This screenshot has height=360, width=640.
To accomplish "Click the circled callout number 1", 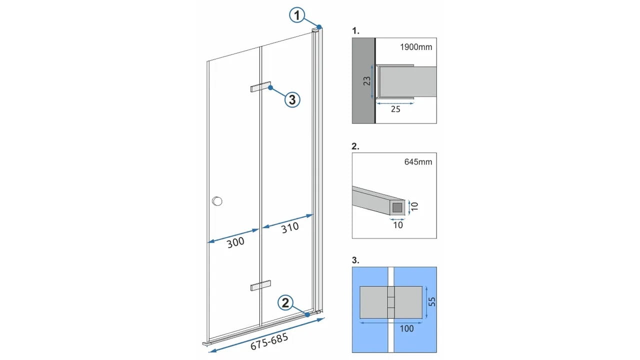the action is tap(297, 15).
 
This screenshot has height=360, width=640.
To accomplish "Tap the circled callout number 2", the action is tap(285, 303).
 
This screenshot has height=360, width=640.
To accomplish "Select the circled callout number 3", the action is tap(292, 99).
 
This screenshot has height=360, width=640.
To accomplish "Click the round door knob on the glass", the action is tap(217, 201).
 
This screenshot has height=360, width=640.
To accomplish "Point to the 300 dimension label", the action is tap(235, 242).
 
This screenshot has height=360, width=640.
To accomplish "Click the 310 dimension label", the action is tap(290, 227).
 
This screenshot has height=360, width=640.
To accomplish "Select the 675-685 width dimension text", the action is tap(269, 341).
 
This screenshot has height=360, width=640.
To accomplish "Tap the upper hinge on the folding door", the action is tap(260, 87).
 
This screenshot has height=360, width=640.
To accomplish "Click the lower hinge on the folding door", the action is tap(260, 285).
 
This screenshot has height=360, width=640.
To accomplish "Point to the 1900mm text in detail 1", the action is tap(416, 47).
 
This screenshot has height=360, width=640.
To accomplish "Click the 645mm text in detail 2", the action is tap(418, 162).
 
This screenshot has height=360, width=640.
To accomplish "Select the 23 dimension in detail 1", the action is tap(367, 81).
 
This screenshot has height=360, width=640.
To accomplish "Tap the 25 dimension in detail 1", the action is tap(395, 109).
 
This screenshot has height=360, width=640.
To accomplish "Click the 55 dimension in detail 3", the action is tap(432, 301).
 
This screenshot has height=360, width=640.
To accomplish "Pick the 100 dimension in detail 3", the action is tap(406, 328).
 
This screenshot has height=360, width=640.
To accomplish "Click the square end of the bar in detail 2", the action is tap(397, 207).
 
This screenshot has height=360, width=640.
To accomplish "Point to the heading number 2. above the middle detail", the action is tap(355, 146).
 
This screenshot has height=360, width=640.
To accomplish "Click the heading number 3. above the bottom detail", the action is tap(355, 260).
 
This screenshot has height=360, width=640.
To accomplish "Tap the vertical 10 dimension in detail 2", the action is tap(415, 206).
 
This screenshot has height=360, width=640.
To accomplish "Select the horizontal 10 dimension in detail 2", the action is tap(398, 225).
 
